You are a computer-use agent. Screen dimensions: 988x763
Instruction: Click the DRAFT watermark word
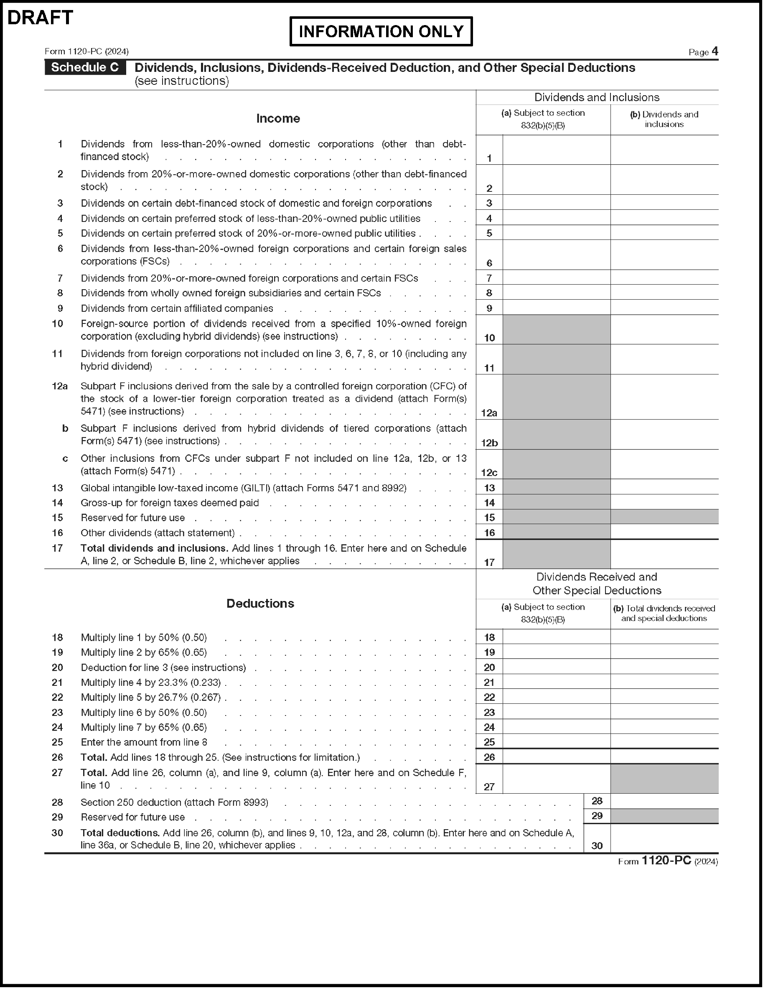pyautogui.click(x=40, y=18)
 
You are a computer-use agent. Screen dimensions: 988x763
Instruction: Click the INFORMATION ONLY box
pyautogui.click(x=381, y=31)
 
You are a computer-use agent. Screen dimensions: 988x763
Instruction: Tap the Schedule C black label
pyautogui.click(x=85, y=67)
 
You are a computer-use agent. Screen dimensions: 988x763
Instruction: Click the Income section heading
pyautogui.click(x=278, y=119)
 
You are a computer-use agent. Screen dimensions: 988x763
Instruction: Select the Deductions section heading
pyautogui.click(x=260, y=603)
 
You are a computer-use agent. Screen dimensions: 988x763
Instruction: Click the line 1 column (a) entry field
pyautogui.click(x=556, y=150)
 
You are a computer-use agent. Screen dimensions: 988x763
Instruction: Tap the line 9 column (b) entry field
pyautogui.click(x=664, y=308)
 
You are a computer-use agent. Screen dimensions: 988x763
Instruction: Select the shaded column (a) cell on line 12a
pyautogui.click(x=556, y=397)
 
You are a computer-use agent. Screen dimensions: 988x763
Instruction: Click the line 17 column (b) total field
pyautogui.click(x=664, y=554)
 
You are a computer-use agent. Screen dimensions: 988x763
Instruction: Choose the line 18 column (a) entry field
pyautogui.click(x=556, y=637)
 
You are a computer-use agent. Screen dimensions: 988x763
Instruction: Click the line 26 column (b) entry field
pyautogui.click(x=664, y=757)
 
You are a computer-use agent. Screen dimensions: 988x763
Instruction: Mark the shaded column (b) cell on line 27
pyautogui.click(x=664, y=779)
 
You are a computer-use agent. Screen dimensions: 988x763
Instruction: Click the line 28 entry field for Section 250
pyautogui.click(x=664, y=801)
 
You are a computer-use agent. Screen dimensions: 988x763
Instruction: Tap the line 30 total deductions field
pyautogui.click(x=664, y=838)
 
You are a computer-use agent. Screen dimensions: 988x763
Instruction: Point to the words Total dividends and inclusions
pyautogui.click(x=154, y=548)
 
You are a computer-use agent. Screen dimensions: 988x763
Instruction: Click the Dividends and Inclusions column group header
pyautogui.click(x=597, y=97)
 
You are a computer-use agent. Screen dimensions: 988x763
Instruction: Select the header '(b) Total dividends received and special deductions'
pyautogui.click(x=664, y=614)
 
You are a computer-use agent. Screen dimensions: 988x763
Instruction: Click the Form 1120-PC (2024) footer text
pyautogui.click(x=668, y=861)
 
